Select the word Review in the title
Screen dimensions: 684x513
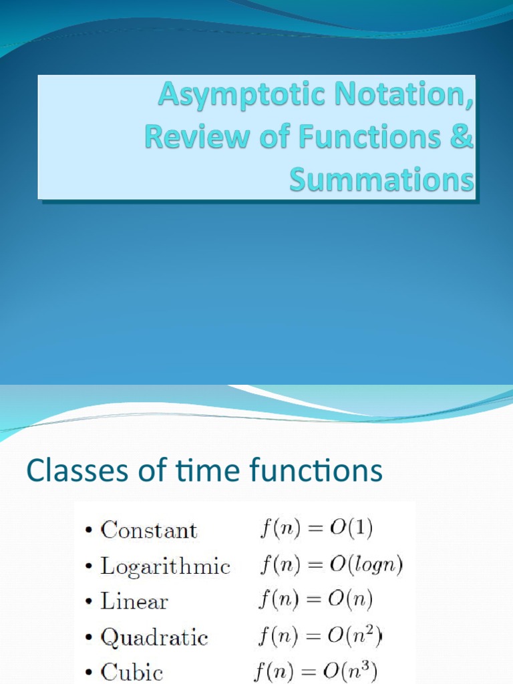[x=185, y=138]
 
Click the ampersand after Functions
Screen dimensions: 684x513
[x=464, y=138]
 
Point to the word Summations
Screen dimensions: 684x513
[x=381, y=180]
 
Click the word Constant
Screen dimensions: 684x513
[x=149, y=530]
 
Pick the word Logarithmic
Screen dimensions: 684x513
[x=165, y=566]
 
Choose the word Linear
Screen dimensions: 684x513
[x=134, y=601]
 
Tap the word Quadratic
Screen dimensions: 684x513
[x=154, y=637]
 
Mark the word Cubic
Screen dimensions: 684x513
[x=132, y=672]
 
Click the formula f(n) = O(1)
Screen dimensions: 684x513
[x=315, y=530]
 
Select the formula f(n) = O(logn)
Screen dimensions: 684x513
[x=331, y=566]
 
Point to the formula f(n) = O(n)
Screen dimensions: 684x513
[x=315, y=601]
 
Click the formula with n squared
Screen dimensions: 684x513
[x=319, y=636]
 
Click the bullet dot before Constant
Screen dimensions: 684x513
[x=89, y=532]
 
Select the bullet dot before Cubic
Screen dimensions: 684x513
[x=89, y=673]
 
